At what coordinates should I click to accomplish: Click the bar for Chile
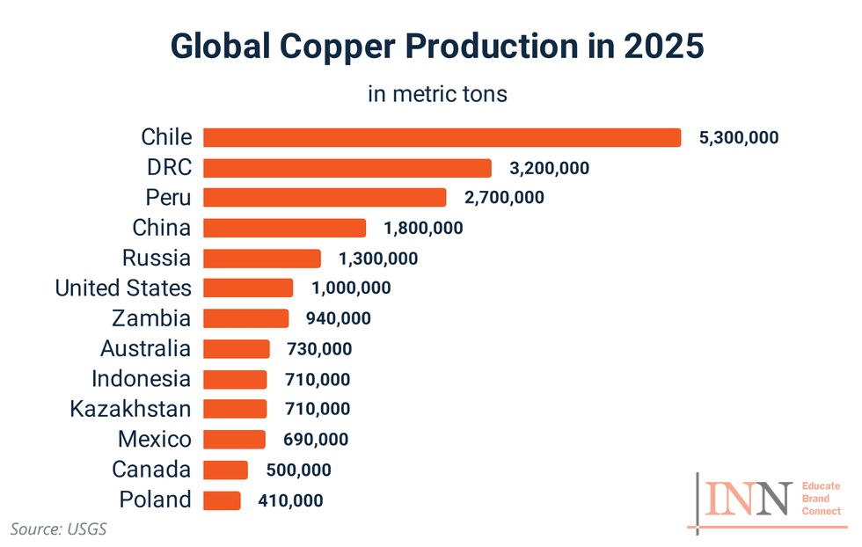pyautogui.click(x=442, y=138)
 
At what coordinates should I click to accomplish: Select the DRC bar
pyautogui.click(x=347, y=168)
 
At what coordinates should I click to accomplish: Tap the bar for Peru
pyautogui.click(x=325, y=198)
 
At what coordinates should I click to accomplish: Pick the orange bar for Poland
pyautogui.click(x=222, y=500)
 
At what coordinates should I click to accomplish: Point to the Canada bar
pyautogui.click(x=225, y=470)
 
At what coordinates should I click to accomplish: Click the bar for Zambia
pyautogui.click(x=245, y=318)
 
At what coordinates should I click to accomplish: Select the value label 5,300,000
pyautogui.click(x=739, y=138)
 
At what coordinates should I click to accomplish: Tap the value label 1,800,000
pyautogui.click(x=423, y=229)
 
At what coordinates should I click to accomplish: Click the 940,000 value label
pyautogui.click(x=338, y=318)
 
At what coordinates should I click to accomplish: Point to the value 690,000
pyautogui.click(x=315, y=440)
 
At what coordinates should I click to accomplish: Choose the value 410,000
pyautogui.click(x=290, y=501)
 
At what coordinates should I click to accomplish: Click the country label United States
pyautogui.click(x=122, y=288)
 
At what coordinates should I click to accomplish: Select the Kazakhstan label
pyautogui.click(x=130, y=409)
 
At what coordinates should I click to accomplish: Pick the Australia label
pyautogui.click(x=145, y=348)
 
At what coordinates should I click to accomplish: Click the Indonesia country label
pyautogui.click(x=141, y=379)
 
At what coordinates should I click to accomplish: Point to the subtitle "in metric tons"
pyautogui.click(x=437, y=94)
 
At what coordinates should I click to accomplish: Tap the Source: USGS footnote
pyautogui.click(x=58, y=529)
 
